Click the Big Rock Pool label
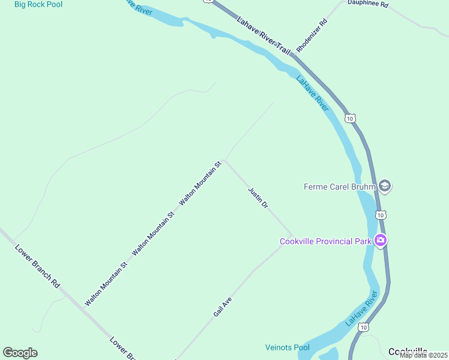click(x=39, y=4)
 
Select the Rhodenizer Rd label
click(x=312, y=35)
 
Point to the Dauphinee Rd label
click(x=368, y=4)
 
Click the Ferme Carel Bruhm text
click(x=339, y=187)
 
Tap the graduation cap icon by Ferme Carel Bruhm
click(x=385, y=186)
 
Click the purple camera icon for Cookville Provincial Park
click(x=380, y=241)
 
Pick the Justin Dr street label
click(x=258, y=197)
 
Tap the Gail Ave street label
click(x=222, y=306)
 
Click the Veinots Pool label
click(x=287, y=347)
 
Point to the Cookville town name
click(x=408, y=352)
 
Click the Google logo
click(x=20, y=353)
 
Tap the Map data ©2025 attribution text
click(x=423, y=355)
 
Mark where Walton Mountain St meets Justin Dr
click(x=224, y=161)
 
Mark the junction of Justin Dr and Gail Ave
click(x=292, y=236)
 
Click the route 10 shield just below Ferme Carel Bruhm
click(x=380, y=214)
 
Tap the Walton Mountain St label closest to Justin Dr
click(x=200, y=184)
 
